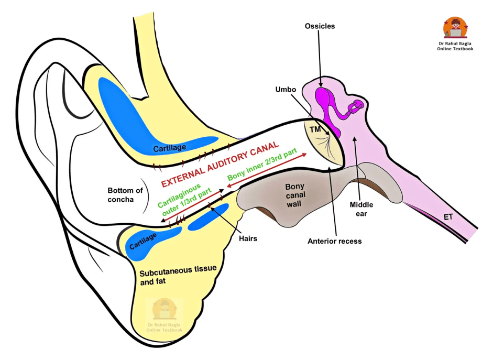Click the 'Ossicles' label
point(320,26)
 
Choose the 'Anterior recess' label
point(335,241)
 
